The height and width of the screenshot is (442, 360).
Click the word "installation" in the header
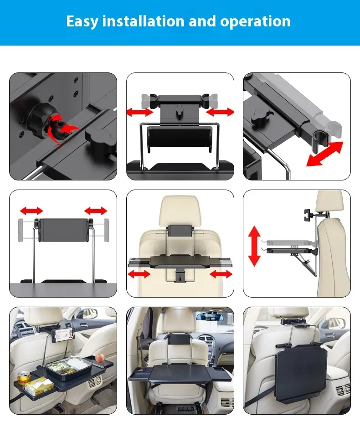click(x=136, y=21)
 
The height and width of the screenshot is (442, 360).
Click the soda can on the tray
click(x=24, y=378)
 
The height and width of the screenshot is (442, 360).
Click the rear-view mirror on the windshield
click(x=208, y=316)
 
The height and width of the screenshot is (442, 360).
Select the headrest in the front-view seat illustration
click(x=180, y=211)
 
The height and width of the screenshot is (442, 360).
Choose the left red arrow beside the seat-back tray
click(x=139, y=273)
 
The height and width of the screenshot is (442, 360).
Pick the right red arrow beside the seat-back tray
click(x=221, y=273)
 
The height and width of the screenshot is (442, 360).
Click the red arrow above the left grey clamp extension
click(x=31, y=211)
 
